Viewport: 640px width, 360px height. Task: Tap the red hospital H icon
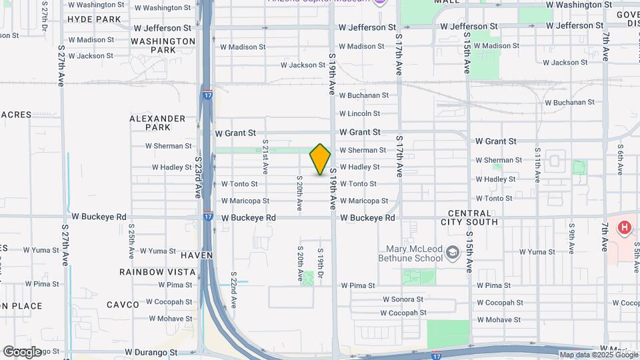(624, 228)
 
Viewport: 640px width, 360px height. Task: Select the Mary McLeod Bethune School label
(410, 253)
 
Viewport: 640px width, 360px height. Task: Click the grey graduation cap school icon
(453, 252)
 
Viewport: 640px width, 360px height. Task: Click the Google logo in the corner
(22, 351)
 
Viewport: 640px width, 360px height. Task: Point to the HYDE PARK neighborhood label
(94, 19)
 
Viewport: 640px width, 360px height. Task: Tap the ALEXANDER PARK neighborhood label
(157, 123)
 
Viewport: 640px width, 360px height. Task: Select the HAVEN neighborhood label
(196, 255)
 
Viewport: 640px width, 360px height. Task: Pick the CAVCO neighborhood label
(123, 305)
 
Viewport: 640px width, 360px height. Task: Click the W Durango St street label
(151, 351)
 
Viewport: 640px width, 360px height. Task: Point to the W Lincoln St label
(359, 114)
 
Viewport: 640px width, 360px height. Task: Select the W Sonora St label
(402, 300)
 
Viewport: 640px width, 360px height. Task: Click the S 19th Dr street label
(321, 265)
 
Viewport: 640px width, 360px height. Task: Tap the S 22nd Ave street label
(234, 289)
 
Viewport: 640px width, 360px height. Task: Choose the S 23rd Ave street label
(198, 177)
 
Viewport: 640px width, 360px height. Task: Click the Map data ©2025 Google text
(597, 355)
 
